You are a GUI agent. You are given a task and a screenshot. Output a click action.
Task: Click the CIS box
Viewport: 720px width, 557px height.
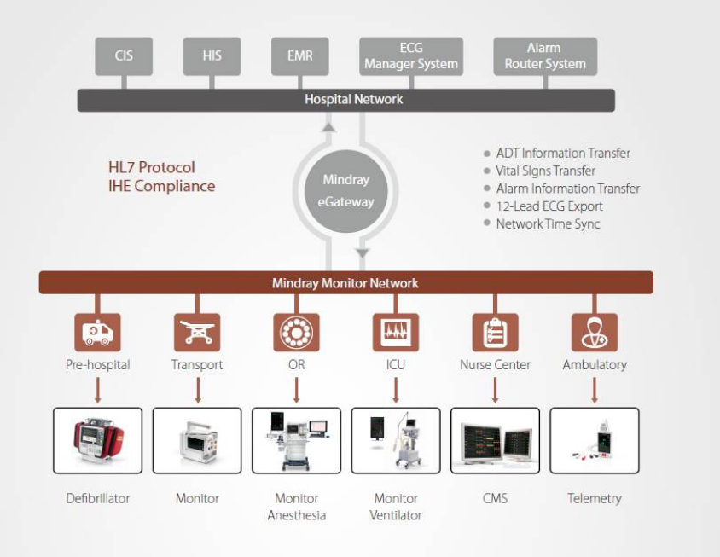pos(124,56)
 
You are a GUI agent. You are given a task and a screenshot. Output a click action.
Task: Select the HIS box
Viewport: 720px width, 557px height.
pos(212,56)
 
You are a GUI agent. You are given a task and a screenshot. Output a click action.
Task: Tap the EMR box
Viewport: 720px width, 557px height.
pos(299,56)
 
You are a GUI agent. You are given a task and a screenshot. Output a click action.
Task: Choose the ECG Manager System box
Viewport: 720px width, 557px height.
pos(411,56)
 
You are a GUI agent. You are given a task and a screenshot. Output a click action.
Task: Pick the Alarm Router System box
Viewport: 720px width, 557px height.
pos(545,56)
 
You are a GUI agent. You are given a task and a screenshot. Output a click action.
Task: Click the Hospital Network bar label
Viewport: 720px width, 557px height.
pos(353,100)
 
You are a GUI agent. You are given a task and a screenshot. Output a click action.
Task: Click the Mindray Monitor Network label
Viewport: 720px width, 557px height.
pos(345,283)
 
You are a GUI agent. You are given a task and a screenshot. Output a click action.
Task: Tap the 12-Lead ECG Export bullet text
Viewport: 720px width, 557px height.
pos(549,206)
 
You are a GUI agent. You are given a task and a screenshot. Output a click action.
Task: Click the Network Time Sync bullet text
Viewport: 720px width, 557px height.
pos(548,223)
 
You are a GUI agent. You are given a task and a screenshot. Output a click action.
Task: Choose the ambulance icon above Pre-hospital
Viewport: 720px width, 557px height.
pos(98,333)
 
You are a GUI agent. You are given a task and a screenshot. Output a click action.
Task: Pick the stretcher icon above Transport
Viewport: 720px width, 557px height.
pos(197,333)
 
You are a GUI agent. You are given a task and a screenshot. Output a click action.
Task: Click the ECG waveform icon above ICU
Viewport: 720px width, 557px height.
pos(396,333)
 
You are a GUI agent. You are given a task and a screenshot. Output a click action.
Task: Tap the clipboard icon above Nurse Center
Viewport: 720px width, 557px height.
pos(495,333)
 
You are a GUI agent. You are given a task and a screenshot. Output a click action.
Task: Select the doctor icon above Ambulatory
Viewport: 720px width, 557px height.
pos(594,333)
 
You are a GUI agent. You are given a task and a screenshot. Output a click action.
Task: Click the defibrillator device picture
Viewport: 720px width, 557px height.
pos(98,440)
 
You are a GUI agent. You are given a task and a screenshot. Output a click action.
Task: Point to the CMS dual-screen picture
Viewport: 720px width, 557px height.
pos(495,440)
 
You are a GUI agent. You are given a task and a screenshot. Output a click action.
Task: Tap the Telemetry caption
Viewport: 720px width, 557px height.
pos(594,498)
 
